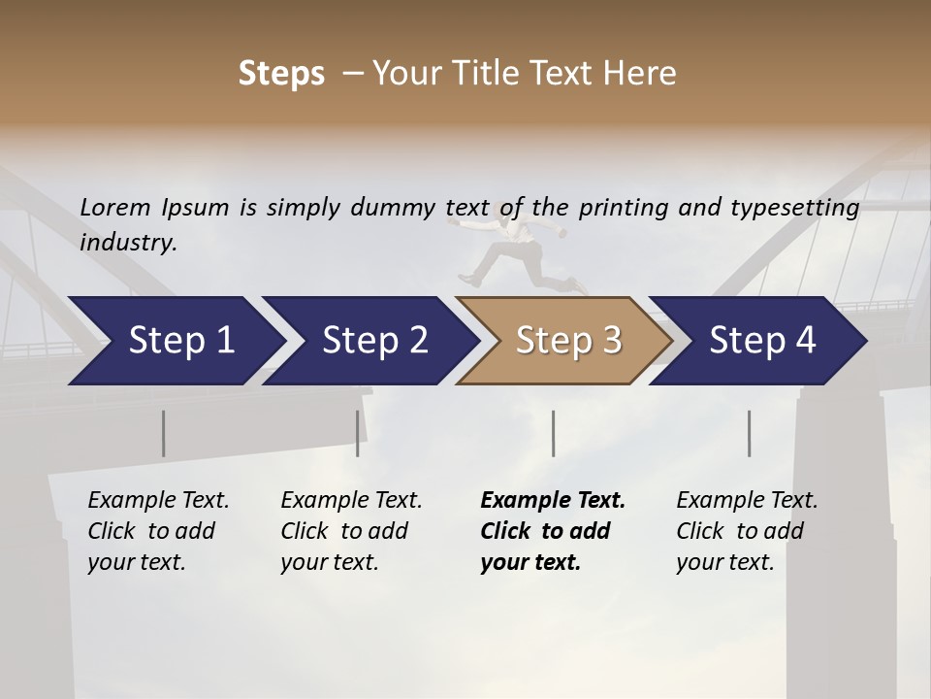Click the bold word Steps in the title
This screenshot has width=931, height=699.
281,74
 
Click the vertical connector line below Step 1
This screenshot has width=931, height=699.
163,433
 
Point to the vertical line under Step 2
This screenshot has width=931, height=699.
358,433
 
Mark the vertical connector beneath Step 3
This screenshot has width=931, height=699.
553,433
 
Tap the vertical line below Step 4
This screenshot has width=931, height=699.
749,433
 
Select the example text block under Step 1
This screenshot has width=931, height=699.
158,531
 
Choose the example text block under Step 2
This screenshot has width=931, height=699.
351,531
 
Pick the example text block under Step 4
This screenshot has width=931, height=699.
747,531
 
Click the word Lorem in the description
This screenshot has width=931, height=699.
115,208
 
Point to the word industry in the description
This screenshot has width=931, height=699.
127,243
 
